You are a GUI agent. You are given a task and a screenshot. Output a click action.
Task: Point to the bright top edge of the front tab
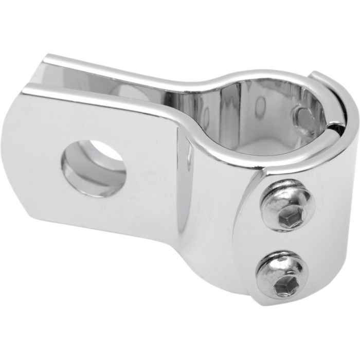(x=103, y=98)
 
